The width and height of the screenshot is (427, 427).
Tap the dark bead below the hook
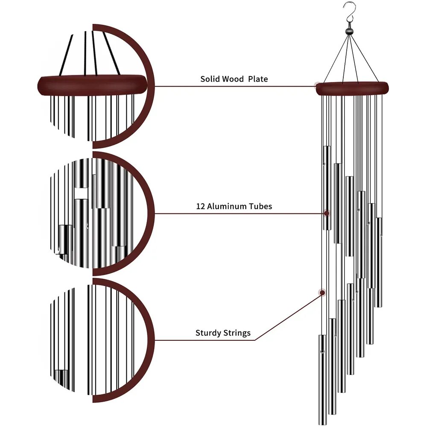[x=349, y=31]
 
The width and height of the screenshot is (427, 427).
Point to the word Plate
[x=258, y=79]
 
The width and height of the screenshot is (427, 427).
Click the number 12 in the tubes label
[x=200, y=206]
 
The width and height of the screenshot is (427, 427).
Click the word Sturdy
[x=208, y=333]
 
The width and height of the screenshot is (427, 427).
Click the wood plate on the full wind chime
[x=352, y=88]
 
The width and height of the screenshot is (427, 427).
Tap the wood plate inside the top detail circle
[x=93, y=85]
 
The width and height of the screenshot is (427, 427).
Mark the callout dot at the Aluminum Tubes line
[x=327, y=213]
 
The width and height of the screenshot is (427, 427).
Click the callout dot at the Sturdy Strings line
[x=322, y=293]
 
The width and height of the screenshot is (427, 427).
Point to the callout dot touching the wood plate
[x=317, y=85]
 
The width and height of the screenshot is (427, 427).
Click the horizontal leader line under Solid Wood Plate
[x=234, y=86]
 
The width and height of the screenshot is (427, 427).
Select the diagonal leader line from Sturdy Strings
[x=288, y=317]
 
